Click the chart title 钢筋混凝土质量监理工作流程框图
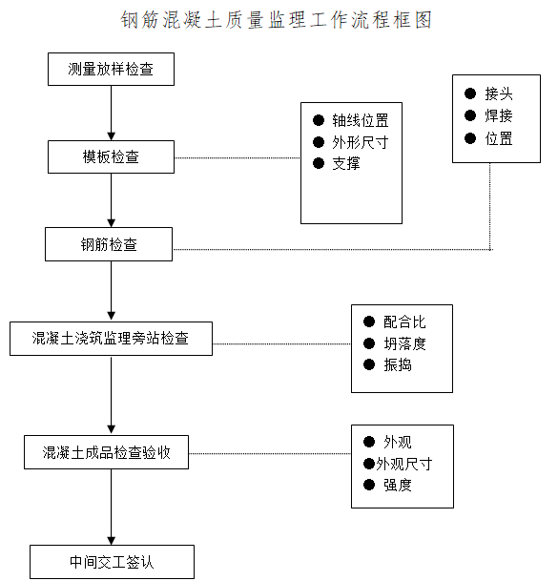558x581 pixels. coord(277,20)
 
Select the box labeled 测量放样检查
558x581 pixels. coord(111,70)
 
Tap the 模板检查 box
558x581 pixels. coord(111,156)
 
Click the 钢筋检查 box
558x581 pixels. coord(109,244)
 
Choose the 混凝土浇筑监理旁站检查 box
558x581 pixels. coord(111,339)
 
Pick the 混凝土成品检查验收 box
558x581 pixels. coord(106,452)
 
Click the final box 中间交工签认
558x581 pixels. coord(112,562)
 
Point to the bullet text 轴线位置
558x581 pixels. coord(360,120)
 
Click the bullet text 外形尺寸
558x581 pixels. coord(360,142)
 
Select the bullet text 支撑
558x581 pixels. coord(346,164)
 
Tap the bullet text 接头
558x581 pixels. coord(498,93)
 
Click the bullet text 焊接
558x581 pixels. coord(498,115)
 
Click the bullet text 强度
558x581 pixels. coord(398,486)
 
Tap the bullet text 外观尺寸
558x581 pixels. coord(403,465)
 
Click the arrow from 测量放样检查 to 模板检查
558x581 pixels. coord(112,113)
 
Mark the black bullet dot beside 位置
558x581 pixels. coord(470,138)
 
